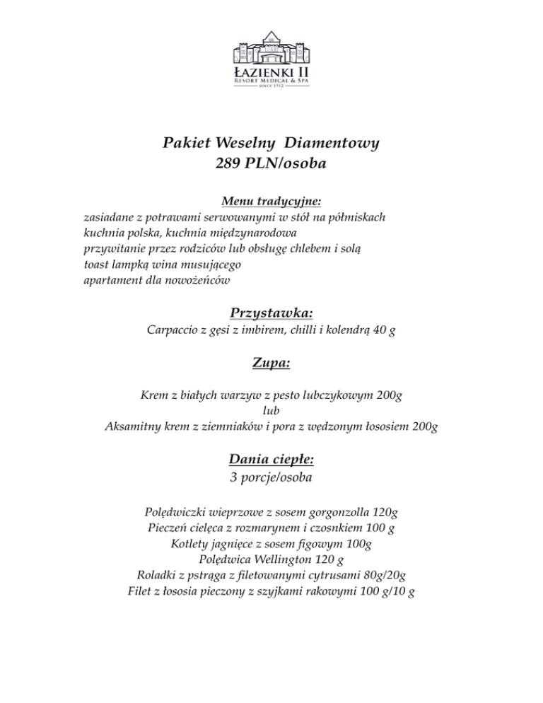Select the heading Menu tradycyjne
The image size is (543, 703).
click(x=271, y=202)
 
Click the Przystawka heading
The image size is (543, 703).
click(x=271, y=313)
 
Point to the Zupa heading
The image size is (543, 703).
click(x=271, y=364)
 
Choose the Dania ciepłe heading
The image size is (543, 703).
click(x=271, y=459)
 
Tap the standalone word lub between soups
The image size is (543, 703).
click(x=271, y=410)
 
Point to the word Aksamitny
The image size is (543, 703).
click(x=134, y=426)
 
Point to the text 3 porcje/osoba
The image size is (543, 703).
click(x=271, y=477)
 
